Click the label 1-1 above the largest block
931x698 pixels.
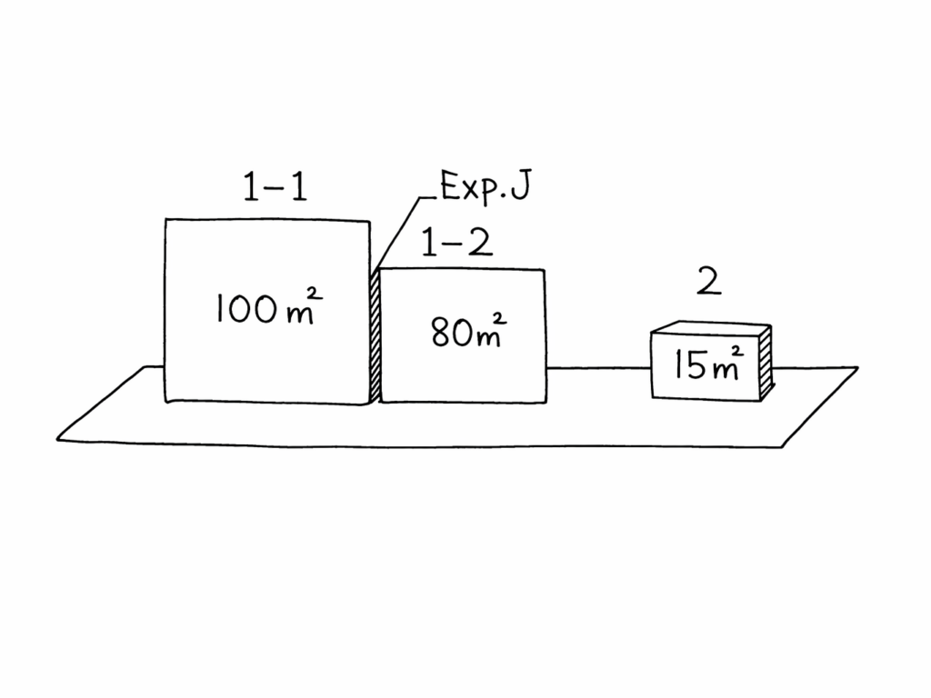pos(275,187)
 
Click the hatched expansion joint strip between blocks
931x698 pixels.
pos(375,336)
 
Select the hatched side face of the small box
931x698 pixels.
pos(766,361)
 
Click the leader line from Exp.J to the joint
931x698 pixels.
pos(396,231)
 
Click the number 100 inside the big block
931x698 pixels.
pos(245,311)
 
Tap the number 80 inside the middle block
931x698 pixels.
pos(449,334)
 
